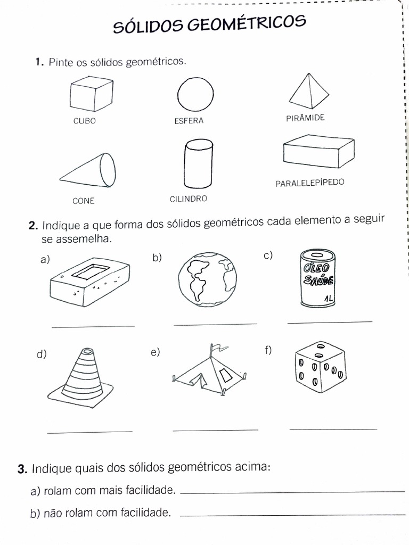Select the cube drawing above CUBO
coord(91,94)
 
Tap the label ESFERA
coord(189,121)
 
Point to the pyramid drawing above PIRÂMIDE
coord(309,91)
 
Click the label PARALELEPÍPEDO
coord(310,183)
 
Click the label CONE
coord(84,201)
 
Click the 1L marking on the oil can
coord(328,300)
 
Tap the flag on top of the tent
coord(219,350)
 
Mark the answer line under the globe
coord(215,324)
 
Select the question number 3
coord(21,469)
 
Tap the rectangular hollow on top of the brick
coord(91,272)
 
